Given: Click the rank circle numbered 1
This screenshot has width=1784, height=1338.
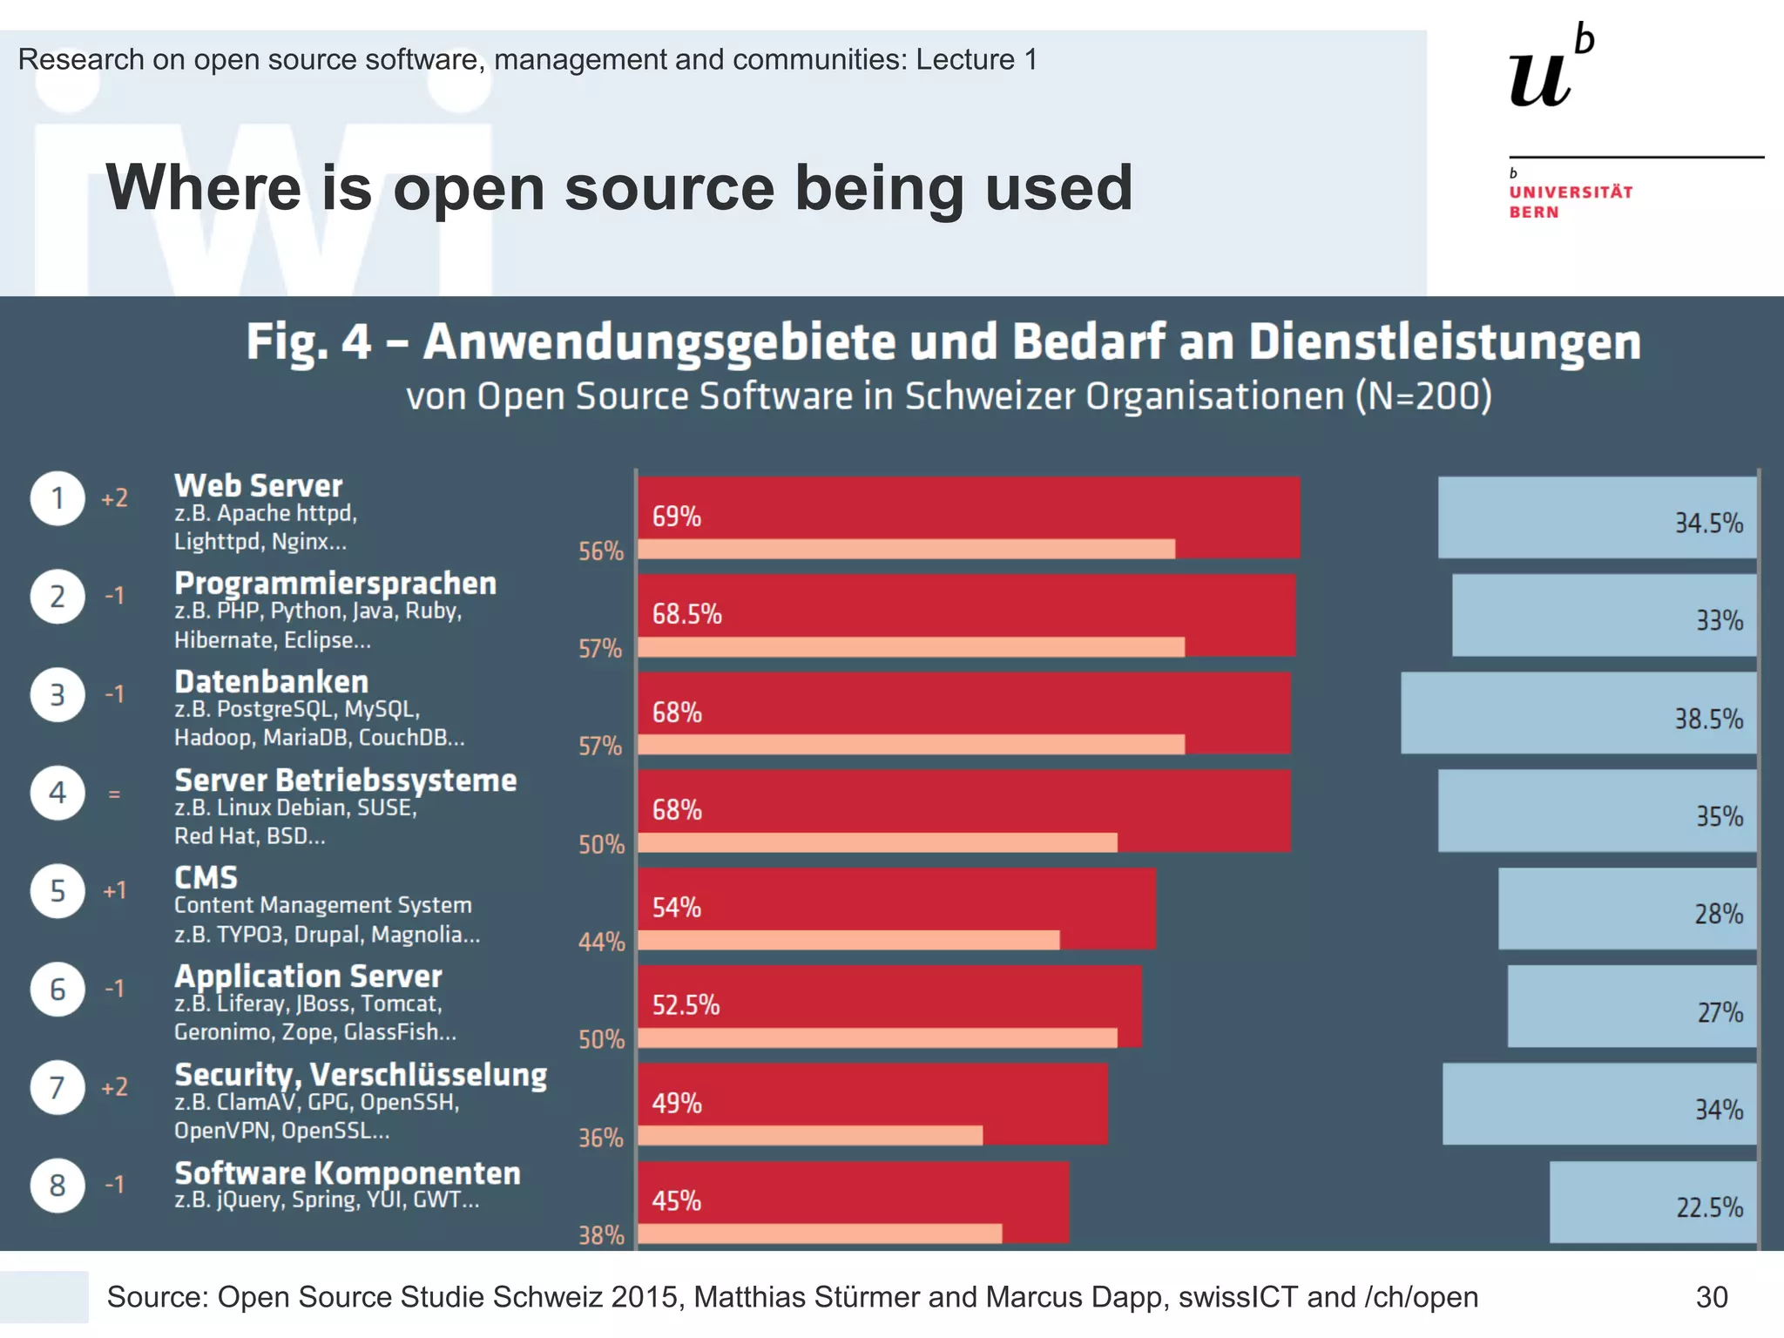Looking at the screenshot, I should click(57, 498).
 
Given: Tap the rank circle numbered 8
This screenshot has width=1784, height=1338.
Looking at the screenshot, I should click(57, 1186).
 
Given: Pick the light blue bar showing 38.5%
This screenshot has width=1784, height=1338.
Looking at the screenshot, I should click(1578, 713).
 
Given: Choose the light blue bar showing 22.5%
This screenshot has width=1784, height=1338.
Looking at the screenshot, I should click(1652, 1202).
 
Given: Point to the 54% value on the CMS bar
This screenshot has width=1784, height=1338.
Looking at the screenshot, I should click(677, 908).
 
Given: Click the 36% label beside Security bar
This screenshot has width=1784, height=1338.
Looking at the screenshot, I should click(601, 1138).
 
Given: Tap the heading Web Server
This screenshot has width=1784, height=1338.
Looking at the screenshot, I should click(259, 485).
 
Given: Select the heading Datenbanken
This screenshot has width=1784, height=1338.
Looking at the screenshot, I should click(272, 681).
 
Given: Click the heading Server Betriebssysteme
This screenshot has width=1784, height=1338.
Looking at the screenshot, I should click(346, 780).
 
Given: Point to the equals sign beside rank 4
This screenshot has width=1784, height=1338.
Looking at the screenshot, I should click(114, 794).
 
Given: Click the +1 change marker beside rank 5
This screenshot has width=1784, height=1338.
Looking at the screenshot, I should click(114, 890).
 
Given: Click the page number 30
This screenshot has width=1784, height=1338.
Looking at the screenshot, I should click(1712, 1297).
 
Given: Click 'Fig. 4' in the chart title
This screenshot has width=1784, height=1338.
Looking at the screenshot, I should click(308, 341).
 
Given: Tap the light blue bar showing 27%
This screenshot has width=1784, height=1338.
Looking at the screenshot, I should click(1632, 1006).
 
